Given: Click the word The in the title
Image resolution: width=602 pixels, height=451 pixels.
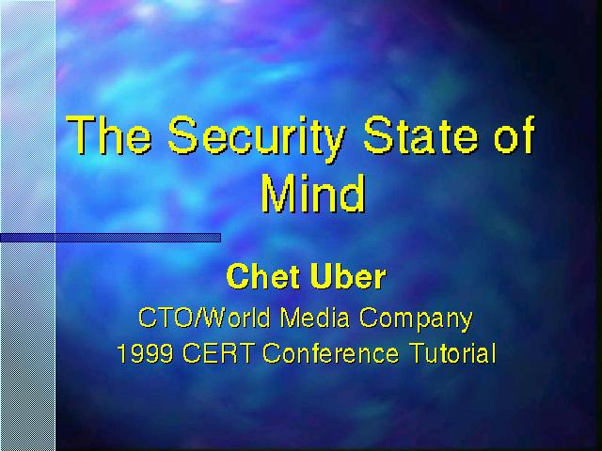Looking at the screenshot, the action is click(x=109, y=134).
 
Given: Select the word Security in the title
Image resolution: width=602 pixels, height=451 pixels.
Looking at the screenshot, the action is click(x=257, y=139).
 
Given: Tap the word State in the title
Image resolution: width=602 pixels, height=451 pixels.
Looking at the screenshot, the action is click(x=420, y=134).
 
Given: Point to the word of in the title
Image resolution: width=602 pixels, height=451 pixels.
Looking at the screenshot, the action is click(x=515, y=134).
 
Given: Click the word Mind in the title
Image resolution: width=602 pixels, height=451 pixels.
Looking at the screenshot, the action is click(x=313, y=194).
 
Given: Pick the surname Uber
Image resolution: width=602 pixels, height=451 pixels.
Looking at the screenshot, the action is click(x=348, y=275).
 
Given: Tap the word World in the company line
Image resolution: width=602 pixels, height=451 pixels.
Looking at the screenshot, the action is click(x=236, y=318).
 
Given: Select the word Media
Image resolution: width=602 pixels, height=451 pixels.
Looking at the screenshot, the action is click(x=315, y=318).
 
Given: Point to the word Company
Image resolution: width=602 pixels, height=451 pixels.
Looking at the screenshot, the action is click(x=416, y=319).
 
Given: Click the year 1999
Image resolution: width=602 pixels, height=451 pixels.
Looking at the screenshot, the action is click(x=145, y=353).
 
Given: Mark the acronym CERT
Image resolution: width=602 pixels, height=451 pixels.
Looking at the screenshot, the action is click(x=217, y=353).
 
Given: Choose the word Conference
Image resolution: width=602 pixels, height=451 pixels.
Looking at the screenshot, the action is click(x=330, y=353).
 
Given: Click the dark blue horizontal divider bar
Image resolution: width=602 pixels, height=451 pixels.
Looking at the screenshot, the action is click(x=111, y=238).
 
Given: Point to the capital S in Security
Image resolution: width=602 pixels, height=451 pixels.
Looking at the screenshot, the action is click(x=182, y=134).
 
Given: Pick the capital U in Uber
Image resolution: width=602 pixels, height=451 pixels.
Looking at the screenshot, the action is click(x=321, y=276).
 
